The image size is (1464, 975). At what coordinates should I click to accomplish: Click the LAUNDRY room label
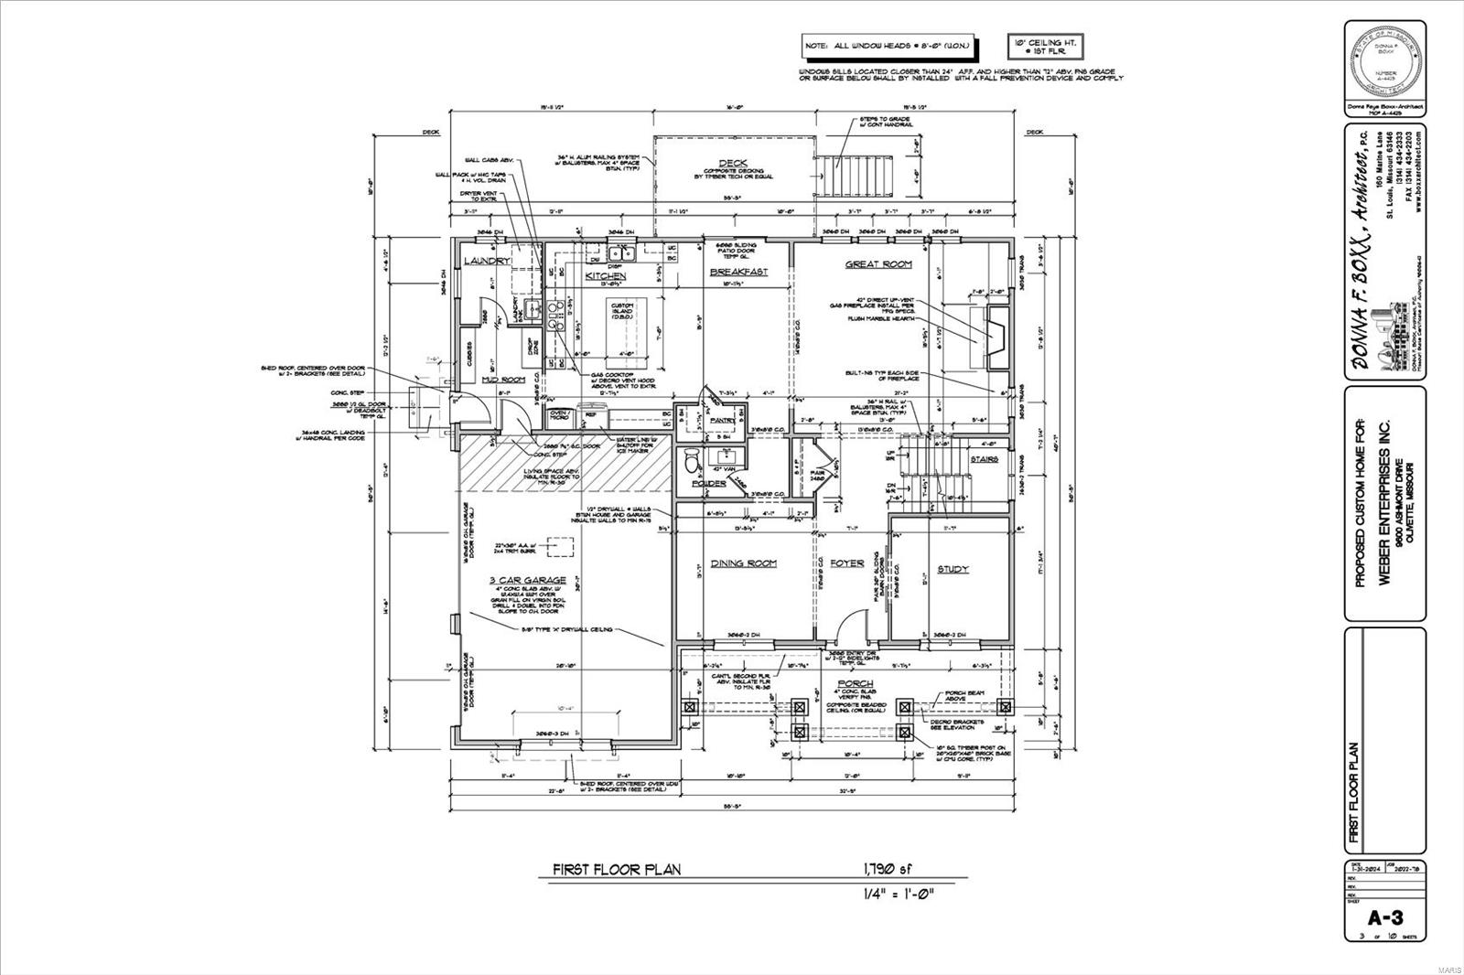coord(486,262)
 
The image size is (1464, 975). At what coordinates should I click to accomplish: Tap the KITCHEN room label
coord(606,275)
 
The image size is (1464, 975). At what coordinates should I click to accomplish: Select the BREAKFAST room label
coord(738,272)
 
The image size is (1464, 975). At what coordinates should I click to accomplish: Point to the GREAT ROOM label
coord(877,264)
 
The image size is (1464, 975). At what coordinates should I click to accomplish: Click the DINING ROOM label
coord(743,563)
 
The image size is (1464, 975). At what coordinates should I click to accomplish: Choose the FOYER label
coord(846,563)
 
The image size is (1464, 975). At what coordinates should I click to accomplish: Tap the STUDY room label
coord(953,569)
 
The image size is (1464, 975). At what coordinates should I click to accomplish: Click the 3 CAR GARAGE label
coord(526,580)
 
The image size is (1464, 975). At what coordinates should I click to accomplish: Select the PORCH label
coord(855,683)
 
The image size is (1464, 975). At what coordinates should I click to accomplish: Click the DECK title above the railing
coord(732,164)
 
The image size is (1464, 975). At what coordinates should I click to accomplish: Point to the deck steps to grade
coord(859,174)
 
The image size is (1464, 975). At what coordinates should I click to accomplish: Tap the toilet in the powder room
coord(692,459)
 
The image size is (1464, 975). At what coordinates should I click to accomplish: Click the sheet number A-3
coord(1384,918)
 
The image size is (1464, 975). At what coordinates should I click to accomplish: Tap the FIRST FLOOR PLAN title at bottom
coord(616,870)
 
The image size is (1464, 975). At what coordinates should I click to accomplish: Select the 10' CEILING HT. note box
coord(1045,47)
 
